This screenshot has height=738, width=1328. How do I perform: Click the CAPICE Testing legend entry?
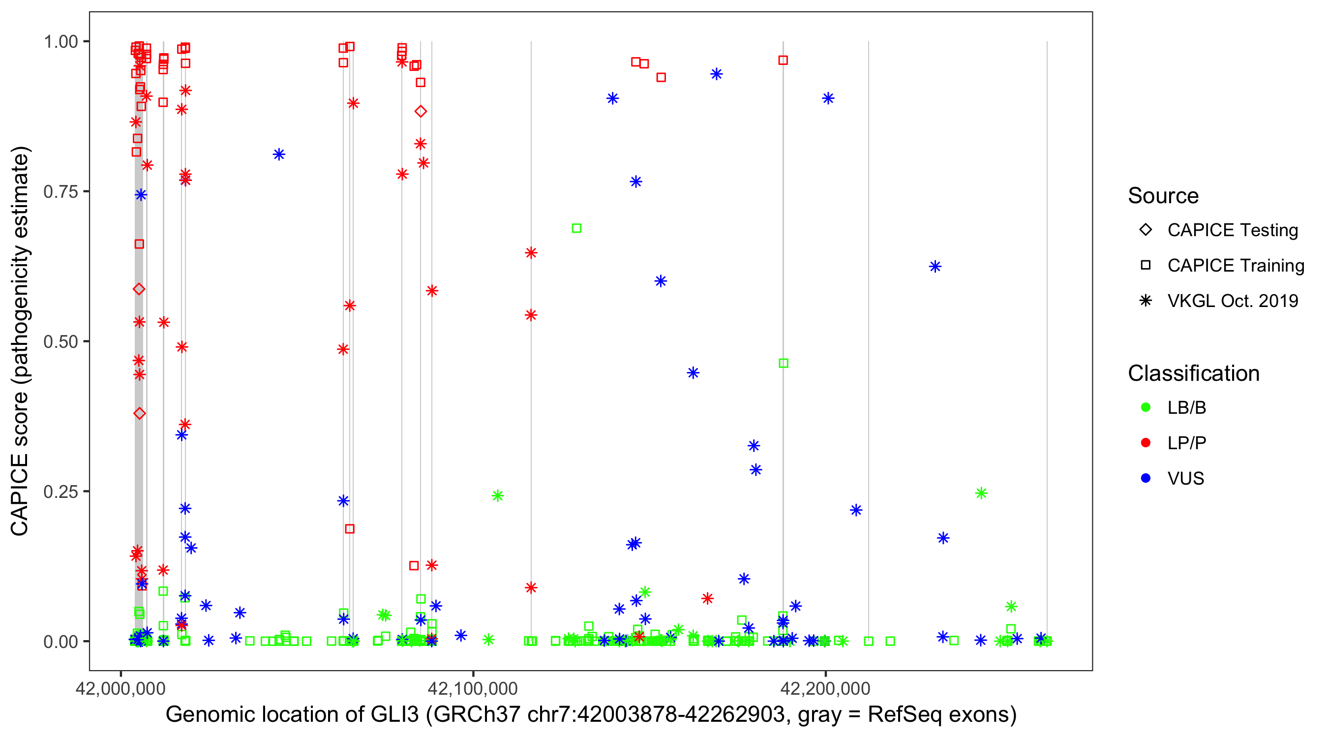[x=1232, y=230]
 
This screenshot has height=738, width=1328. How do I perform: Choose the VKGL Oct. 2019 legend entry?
[x=1232, y=301]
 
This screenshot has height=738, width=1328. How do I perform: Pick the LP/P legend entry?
[x=1186, y=443]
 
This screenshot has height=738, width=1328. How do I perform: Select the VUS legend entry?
[x=1185, y=479]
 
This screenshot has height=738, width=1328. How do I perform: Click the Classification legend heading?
[x=1193, y=373]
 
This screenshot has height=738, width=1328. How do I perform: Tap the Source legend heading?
[x=1163, y=196]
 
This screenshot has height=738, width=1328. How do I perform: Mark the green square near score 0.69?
[x=576, y=228]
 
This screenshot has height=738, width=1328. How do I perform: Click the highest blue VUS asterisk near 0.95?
[x=716, y=74]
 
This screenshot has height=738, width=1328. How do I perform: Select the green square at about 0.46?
[x=783, y=364]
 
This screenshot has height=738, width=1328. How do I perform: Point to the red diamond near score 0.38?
[x=139, y=414]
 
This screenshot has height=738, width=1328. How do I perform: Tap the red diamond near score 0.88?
[x=421, y=111]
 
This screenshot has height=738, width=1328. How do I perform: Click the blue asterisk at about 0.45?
[x=693, y=373]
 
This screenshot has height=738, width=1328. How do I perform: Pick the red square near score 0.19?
[x=350, y=529]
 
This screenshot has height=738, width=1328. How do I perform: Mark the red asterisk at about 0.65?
[x=531, y=253]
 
